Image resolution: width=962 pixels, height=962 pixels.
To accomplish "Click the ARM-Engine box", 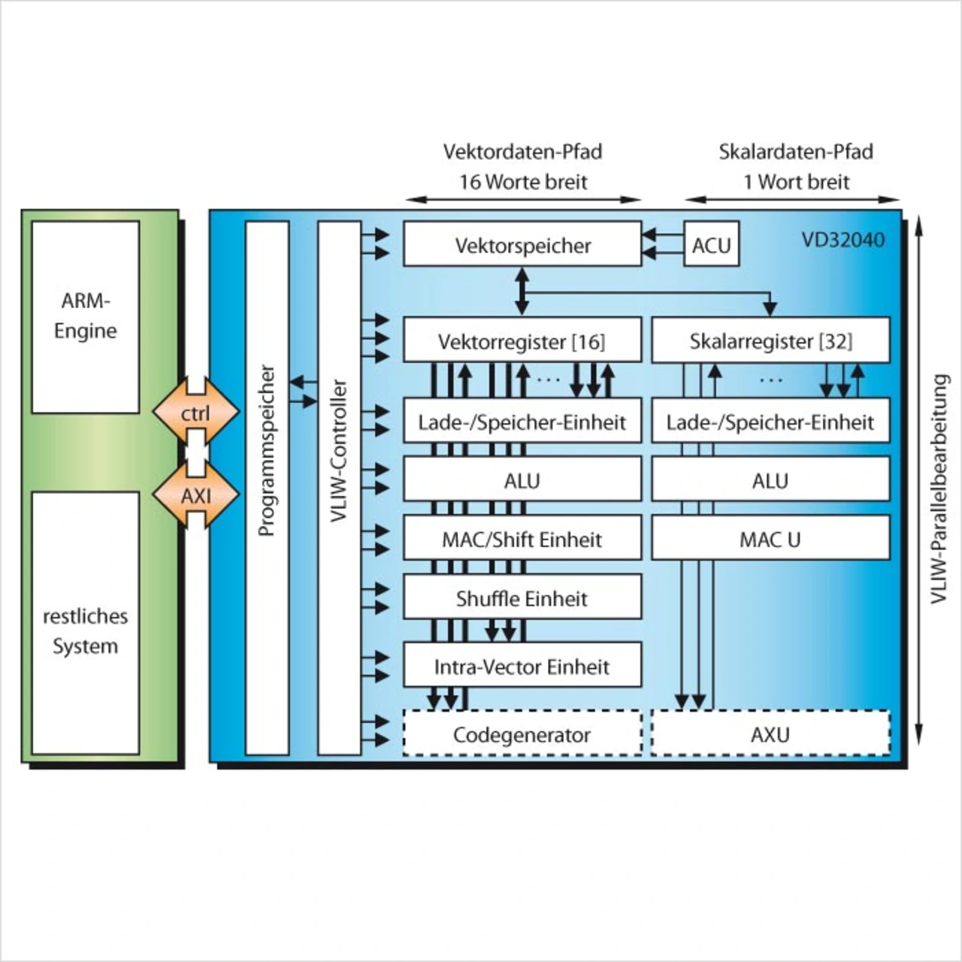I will [85, 316].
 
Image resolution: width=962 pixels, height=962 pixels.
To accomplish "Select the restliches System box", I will [85, 623].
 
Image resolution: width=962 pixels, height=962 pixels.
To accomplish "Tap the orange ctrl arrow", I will [195, 413].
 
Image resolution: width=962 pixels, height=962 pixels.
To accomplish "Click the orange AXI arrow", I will [195, 495].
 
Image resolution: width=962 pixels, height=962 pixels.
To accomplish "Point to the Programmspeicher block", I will [267, 488].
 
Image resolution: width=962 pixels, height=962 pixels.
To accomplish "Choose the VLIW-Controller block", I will [339, 488].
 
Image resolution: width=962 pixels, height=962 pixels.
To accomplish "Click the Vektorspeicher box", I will [522, 244].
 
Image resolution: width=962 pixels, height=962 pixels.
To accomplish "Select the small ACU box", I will [711, 244].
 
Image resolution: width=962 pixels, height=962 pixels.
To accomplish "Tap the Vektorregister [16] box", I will [522, 341].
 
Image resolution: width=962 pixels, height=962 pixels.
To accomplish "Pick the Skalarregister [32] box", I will [770, 341].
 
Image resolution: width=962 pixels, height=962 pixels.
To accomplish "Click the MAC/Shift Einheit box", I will [522, 539].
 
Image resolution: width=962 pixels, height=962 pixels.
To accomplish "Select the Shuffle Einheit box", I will [522, 598].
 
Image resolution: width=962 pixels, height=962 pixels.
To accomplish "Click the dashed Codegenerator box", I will [522, 734].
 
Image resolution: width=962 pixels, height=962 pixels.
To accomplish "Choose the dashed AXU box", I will [770, 734].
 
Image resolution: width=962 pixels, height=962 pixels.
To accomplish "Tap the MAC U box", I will [770, 539].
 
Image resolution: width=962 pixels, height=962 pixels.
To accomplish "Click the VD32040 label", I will [843, 240].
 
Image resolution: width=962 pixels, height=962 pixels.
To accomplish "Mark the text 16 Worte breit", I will [523, 182].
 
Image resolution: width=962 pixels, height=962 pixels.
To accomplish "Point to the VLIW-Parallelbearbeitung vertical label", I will [939, 489].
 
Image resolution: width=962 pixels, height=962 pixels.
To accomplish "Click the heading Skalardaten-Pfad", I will [796, 152].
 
